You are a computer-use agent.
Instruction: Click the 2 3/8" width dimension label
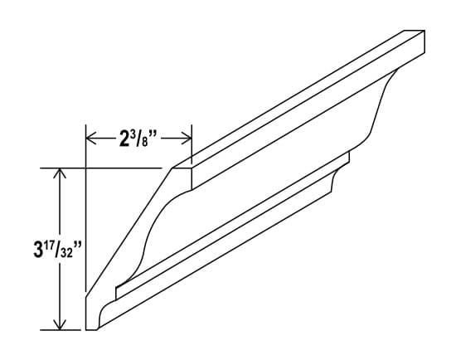click(139, 137)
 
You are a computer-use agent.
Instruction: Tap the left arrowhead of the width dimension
click(91, 138)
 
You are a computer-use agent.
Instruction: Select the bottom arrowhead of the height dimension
click(60, 324)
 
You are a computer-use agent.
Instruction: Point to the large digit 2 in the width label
click(124, 138)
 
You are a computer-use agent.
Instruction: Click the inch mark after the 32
click(73, 246)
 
